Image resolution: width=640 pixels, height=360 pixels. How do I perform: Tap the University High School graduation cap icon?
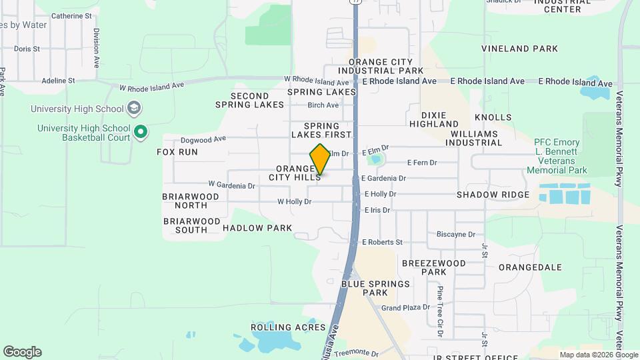pos(134,108)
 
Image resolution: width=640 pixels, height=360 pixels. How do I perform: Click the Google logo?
pos(22,352)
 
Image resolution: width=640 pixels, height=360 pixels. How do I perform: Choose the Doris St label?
pos(27,49)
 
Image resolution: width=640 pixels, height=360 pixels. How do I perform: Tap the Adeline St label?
pos(58,81)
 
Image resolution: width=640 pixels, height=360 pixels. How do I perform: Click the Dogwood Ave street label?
pos(203,139)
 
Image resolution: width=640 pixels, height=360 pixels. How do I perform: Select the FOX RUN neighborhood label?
pos(177,152)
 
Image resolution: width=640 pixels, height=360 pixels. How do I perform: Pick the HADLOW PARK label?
pos(257,228)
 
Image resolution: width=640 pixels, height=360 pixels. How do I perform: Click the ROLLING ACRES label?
pos(288,327)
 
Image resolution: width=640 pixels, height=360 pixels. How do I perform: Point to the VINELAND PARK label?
pos(520,49)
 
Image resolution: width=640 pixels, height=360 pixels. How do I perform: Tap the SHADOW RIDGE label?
pos(493,195)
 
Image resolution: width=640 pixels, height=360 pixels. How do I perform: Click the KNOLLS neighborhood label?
pos(493,117)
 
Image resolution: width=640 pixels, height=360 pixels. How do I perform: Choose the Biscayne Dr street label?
pos(455,235)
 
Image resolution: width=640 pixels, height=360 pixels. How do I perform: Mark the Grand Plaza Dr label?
pos(405,308)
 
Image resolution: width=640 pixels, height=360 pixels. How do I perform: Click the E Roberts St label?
pos(381,243)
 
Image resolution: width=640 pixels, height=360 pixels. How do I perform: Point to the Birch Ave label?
pos(323,105)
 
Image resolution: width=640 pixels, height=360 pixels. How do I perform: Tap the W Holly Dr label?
pos(294,201)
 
